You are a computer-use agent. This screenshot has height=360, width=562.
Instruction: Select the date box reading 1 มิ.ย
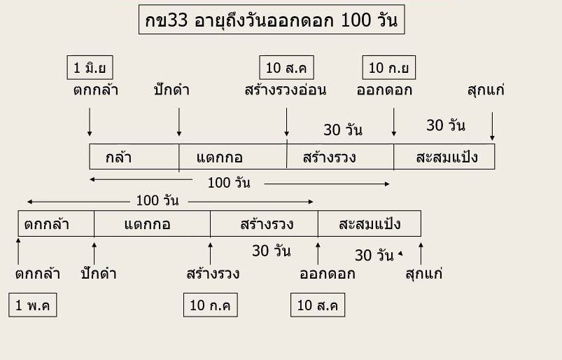[x=90, y=68]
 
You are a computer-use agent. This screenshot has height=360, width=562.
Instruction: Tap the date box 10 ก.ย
[x=389, y=68]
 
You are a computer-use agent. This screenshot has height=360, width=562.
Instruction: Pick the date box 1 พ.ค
[x=33, y=306]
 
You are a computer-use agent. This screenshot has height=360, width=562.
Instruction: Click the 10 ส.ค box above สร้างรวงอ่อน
[x=286, y=68]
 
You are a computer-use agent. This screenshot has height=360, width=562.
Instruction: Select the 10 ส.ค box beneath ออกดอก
[x=318, y=306]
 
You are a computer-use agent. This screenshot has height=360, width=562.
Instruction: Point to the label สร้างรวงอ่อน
[x=286, y=90]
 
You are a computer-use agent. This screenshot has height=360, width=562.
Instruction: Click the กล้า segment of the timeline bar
[x=119, y=157]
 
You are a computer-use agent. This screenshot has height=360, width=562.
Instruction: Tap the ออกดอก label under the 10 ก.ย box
[x=384, y=90]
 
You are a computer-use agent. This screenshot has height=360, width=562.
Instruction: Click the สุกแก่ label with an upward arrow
[x=423, y=273]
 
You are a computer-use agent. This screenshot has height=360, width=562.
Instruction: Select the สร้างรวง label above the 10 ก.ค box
[x=213, y=273]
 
